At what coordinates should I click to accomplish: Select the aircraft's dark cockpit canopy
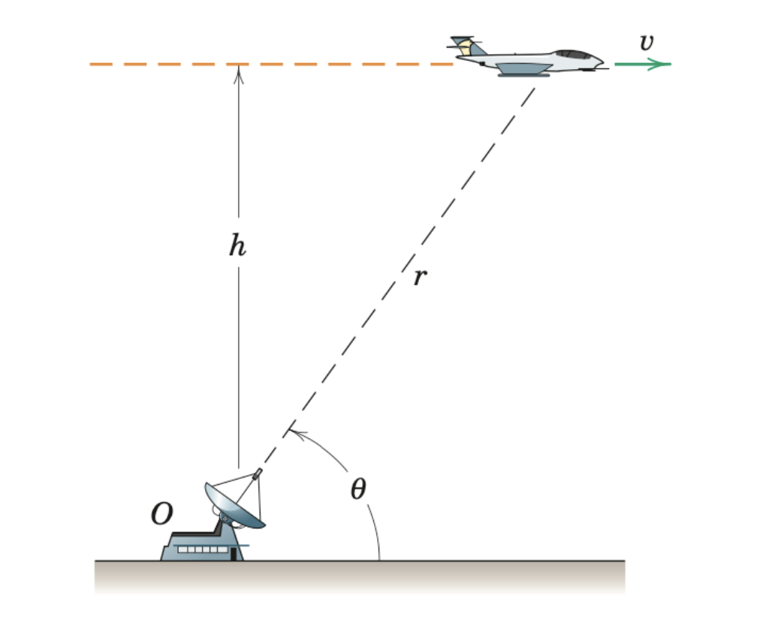tap(573, 54)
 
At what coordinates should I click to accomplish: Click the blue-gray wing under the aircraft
tap(525, 69)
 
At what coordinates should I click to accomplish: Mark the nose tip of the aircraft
tap(604, 62)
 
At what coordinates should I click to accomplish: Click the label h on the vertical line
tap(237, 245)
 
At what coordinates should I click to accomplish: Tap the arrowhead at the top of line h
tap(239, 71)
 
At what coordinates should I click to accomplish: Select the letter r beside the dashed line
tap(420, 277)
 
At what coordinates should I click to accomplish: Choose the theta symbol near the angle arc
tap(358, 489)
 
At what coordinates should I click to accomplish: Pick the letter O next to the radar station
tap(161, 514)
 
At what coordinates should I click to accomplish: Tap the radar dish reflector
tap(233, 506)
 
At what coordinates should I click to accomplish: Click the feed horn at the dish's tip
tap(257, 474)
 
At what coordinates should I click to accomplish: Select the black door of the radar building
tap(234, 554)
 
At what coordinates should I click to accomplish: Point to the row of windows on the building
tap(202, 550)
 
